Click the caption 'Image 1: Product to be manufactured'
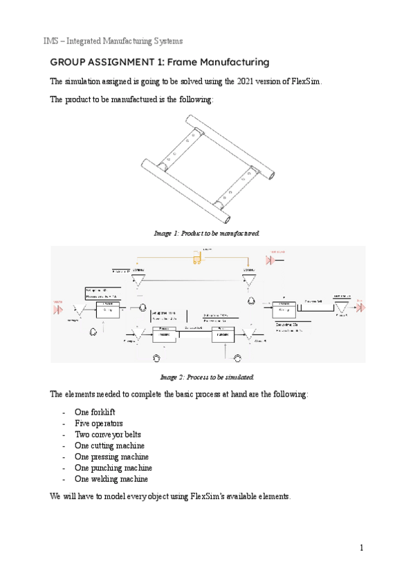pos(207,234)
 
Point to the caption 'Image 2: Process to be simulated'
pos(207,377)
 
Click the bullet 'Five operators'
pos(98,424)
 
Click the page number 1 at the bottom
pos(361,548)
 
